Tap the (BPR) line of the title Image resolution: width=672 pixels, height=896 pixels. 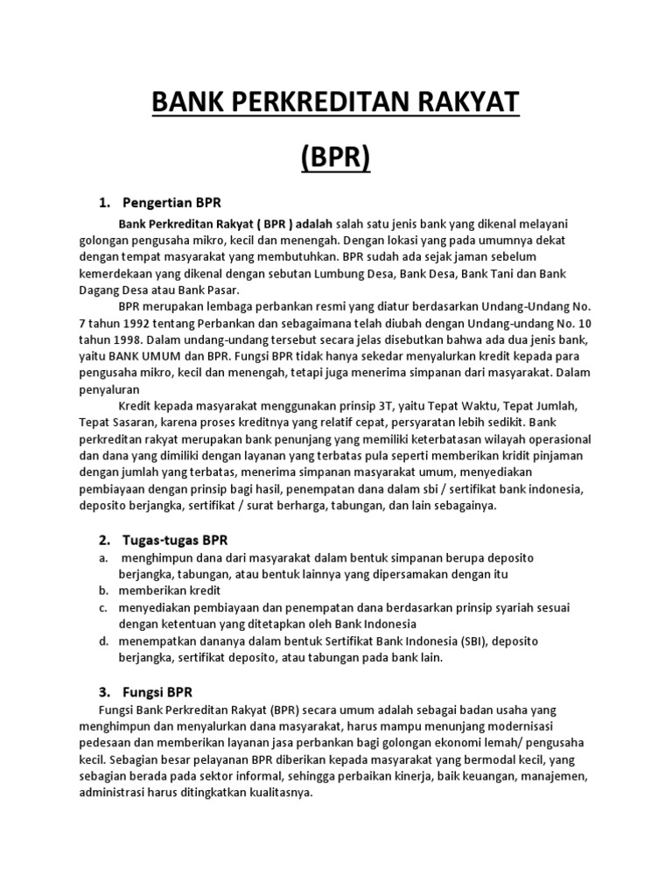tap(336, 159)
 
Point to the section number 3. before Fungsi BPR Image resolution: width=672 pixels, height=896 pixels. tap(104, 691)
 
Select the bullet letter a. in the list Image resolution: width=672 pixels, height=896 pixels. tap(102, 557)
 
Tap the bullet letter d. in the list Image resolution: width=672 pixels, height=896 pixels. tap(102, 641)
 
